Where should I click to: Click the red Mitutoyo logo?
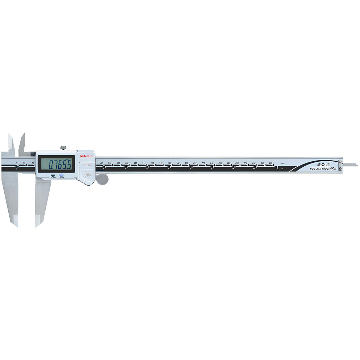(x=86, y=156)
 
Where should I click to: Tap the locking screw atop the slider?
(x=63, y=147)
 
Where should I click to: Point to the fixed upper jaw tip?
(x=9, y=135)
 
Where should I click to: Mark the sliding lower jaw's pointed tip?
(x=36, y=226)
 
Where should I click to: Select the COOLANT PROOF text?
(x=320, y=168)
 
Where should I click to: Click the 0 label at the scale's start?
(x=16, y=163)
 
